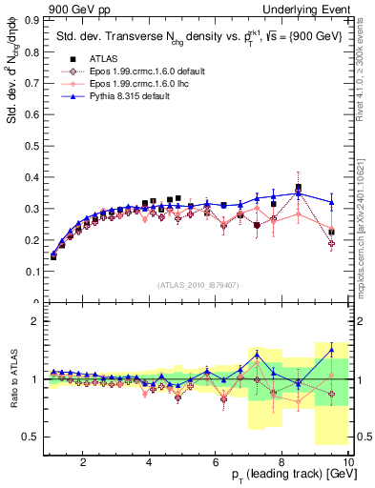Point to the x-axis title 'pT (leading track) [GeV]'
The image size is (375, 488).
(287, 476)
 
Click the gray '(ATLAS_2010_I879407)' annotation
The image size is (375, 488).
(198, 284)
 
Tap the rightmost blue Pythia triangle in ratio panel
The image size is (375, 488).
(331, 350)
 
